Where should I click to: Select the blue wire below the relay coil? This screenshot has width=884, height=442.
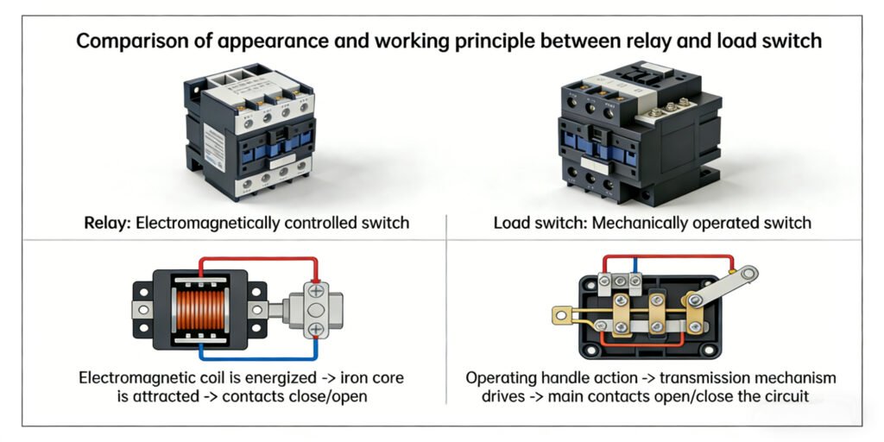[259, 357]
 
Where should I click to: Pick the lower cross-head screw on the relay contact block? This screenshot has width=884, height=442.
[316, 329]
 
